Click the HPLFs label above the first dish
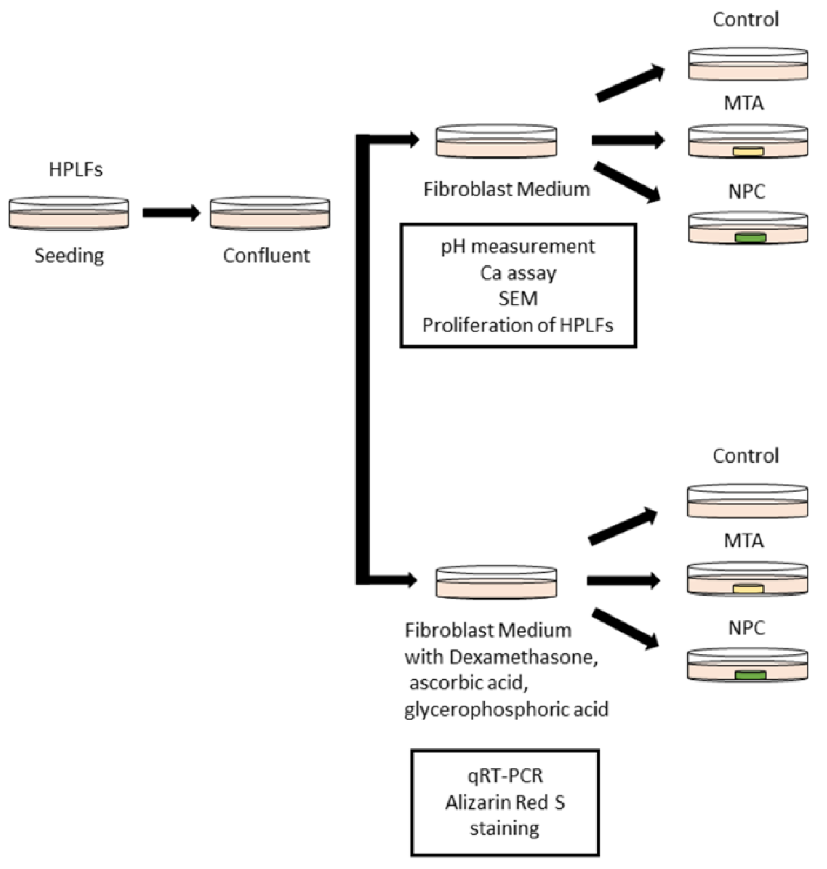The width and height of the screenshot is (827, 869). pyautogui.click(x=75, y=170)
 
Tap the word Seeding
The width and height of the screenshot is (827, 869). pyautogui.click(x=69, y=256)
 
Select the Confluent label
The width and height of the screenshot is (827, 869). pyautogui.click(x=266, y=256)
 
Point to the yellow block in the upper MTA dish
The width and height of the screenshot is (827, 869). pyautogui.click(x=748, y=151)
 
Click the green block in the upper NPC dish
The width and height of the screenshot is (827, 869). pyautogui.click(x=750, y=238)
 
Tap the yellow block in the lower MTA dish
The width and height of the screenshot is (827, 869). pyautogui.click(x=748, y=588)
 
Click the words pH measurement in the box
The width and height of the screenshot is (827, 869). pyautogui.click(x=517, y=247)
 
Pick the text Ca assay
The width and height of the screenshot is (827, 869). pyautogui.click(x=518, y=273)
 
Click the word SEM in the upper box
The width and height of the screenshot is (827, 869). pyautogui.click(x=518, y=299)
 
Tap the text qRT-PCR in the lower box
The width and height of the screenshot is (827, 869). pyautogui.click(x=505, y=776)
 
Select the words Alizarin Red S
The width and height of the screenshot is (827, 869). pyautogui.click(x=505, y=802)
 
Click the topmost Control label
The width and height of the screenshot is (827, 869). pyautogui.click(x=746, y=19)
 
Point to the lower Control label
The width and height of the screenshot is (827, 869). pyautogui.click(x=746, y=456)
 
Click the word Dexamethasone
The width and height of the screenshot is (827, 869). pyautogui.click(x=523, y=657)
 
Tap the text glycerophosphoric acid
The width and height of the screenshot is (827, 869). pyautogui.click(x=506, y=710)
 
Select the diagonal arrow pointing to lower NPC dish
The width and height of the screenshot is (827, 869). pyautogui.click(x=625, y=629)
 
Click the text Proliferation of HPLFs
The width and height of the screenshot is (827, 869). pyautogui.click(x=517, y=325)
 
